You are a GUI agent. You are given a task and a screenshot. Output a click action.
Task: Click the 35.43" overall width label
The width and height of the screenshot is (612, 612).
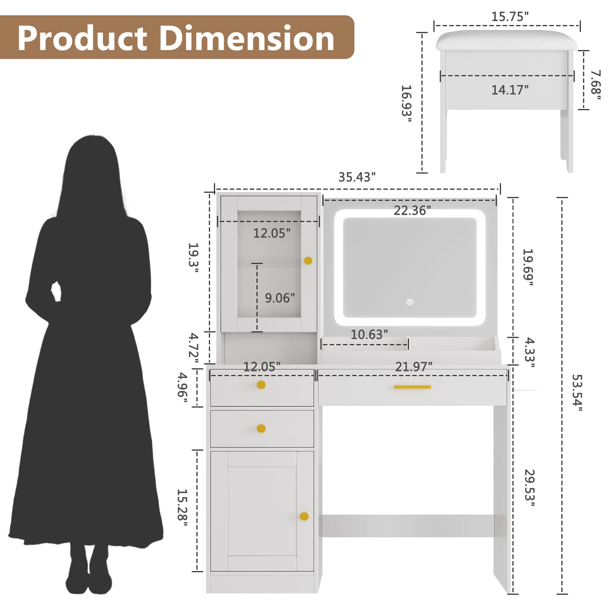click(x=357, y=177)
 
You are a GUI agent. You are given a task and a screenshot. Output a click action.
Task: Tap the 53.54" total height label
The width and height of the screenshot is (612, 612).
click(x=577, y=392)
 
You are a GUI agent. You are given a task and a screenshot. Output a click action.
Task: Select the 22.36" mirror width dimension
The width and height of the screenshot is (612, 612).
click(x=412, y=210)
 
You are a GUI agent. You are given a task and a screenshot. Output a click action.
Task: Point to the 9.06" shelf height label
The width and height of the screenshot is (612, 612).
click(x=280, y=298)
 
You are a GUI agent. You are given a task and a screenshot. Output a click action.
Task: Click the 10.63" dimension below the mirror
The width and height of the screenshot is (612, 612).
click(x=369, y=335)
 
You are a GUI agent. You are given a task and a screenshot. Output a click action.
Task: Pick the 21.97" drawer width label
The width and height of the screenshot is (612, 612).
click(x=413, y=366)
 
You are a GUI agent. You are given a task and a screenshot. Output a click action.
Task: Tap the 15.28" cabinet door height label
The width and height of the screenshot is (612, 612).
click(x=183, y=508)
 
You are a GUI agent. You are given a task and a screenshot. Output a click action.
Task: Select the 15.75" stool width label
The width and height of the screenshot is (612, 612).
click(x=510, y=17)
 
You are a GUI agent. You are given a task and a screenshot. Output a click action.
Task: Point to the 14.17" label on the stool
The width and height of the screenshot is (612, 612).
click(x=510, y=90)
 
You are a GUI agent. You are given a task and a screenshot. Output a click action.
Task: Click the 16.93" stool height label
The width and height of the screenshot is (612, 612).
click(x=406, y=104)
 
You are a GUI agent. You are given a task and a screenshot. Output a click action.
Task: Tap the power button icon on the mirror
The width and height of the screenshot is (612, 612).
click(x=410, y=302)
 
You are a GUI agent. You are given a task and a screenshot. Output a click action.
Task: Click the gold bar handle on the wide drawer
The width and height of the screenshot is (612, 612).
click(x=412, y=387)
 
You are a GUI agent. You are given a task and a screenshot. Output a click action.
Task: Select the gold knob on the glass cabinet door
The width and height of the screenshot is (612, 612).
click(x=308, y=260)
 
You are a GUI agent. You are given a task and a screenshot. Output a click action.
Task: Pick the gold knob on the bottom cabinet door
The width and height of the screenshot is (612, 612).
click(x=304, y=516)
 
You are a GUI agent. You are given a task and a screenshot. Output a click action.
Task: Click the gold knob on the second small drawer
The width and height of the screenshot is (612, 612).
click(x=261, y=429)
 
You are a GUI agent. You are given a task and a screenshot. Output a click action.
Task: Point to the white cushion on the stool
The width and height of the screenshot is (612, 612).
click(x=507, y=40)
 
